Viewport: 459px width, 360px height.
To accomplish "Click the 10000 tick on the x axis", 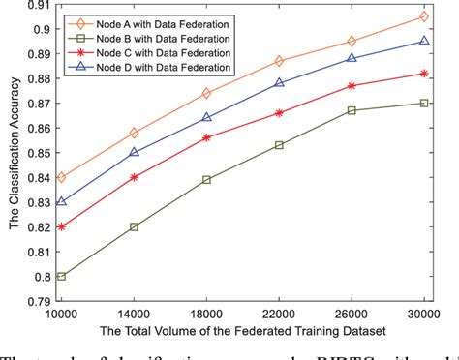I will [62, 315].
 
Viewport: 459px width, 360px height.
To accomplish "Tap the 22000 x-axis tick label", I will [280, 315].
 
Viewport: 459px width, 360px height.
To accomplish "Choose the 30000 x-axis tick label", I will [423, 315].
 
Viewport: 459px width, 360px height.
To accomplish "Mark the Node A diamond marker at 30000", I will [425, 16].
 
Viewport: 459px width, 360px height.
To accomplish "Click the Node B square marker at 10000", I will [62, 276].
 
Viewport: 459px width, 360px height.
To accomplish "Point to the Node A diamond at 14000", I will [135, 133].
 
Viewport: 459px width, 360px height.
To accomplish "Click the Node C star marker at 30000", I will [425, 74].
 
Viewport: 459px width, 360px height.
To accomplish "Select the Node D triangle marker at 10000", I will [62, 201].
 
